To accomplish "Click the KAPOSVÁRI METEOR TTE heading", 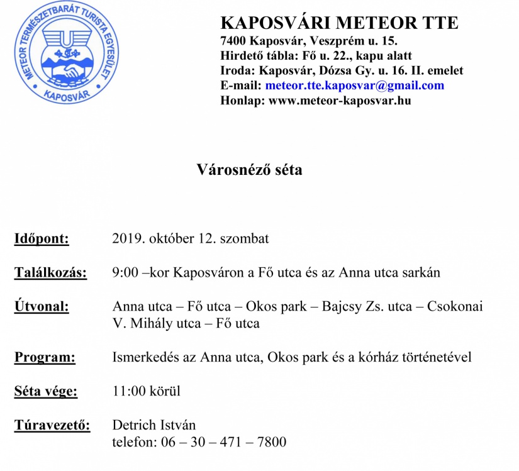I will pos(339,23).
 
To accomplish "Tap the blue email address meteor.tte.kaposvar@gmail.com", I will pos(354,86).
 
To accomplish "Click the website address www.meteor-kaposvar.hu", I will pos(340,100).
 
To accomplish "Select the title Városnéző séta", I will pos(249,170).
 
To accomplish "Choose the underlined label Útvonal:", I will pos(42,307).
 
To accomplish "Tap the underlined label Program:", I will pos(45,358).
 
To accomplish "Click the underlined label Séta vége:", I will pos(46,392).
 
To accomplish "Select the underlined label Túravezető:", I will pos(52,426).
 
